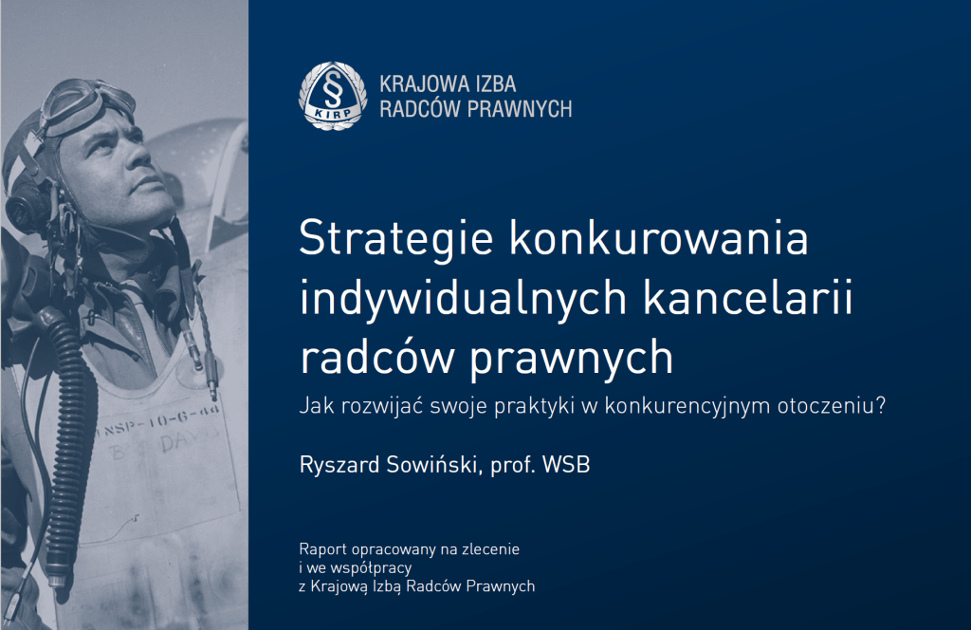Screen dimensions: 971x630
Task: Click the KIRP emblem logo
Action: tap(333, 96)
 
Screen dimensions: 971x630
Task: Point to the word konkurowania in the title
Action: tap(659, 237)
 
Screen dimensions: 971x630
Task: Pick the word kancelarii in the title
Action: tap(748, 297)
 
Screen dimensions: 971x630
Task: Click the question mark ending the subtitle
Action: tap(880, 405)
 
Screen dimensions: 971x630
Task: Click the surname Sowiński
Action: tap(434, 465)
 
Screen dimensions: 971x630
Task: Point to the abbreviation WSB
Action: tap(566, 465)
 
